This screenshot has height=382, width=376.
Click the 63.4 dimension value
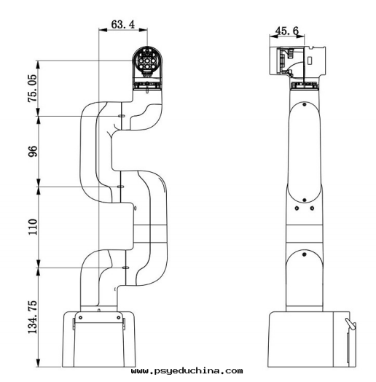click(122, 24)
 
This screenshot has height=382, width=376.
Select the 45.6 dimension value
click(286, 31)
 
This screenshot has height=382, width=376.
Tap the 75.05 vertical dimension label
click(33, 88)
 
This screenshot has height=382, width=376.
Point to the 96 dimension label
click(33, 151)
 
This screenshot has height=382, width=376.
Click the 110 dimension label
click(33, 227)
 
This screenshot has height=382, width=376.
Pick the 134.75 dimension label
click(33, 317)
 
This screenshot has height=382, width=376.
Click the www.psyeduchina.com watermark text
click(187, 371)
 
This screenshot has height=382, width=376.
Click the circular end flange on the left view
click(147, 60)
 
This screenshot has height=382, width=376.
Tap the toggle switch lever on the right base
click(350, 323)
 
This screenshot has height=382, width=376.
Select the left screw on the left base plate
click(80, 317)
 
